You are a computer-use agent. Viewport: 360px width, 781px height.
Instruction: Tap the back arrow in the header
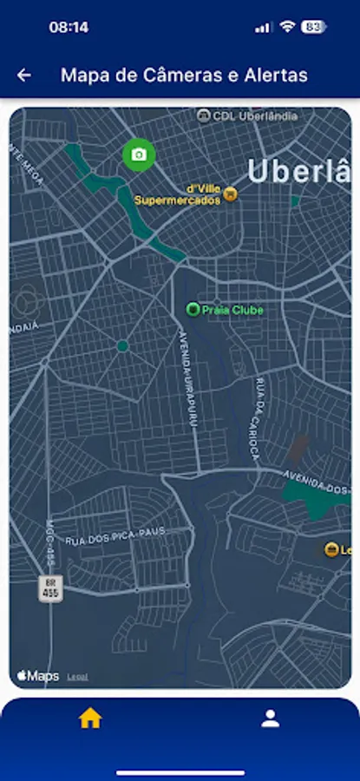pyautogui.click(x=24, y=75)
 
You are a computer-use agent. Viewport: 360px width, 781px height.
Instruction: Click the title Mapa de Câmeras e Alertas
pyautogui.click(x=184, y=75)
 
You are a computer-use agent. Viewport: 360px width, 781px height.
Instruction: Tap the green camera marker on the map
pyautogui.click(x=138, y=154)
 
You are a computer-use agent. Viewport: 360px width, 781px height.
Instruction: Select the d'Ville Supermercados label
pyautogui.click(x=177, y=194)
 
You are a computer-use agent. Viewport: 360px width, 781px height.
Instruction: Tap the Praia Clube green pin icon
pyautogui.click(x=193, y=309)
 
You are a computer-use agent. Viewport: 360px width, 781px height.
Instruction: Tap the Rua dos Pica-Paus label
pyautogui.click(x=128, y=535)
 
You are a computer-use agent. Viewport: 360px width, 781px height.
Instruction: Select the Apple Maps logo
pyautogui.click(x=38, y=675)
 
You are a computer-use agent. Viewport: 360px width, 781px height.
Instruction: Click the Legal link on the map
pyautogui.click(x=77, y=677)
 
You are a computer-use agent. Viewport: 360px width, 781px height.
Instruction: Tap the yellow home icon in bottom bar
pyautogui.click(x=90, y=719)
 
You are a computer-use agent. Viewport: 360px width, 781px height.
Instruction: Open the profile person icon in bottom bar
pyautogui.click(x=271, y=719)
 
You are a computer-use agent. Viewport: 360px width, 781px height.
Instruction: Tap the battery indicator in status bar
pyautogui.click(x=313, y=27)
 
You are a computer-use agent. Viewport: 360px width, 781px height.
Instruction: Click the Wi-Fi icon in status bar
pyautogui.click(x=287, y=27)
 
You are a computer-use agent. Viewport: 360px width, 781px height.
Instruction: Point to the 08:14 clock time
pyautogui.click(x=69, y=27)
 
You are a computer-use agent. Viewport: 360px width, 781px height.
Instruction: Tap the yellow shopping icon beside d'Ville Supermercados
pyautogui.click(x=230, y=194)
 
